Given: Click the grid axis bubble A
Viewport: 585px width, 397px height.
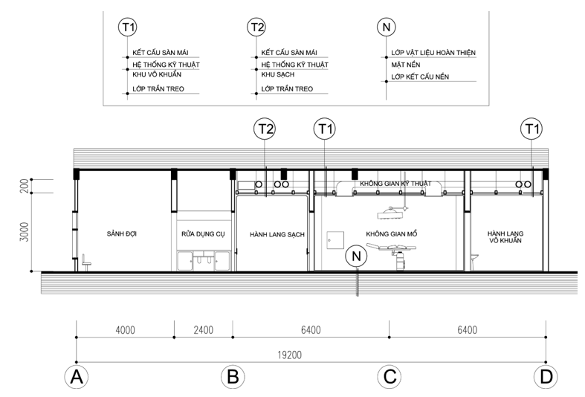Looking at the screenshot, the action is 77,377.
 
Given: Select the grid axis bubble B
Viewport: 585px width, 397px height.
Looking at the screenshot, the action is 233,377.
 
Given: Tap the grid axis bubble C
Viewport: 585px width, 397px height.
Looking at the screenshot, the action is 390,377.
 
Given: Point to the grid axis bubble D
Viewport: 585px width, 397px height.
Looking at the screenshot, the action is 546,377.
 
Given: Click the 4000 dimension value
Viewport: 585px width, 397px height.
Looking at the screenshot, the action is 126,330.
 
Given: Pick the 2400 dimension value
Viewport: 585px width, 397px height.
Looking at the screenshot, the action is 204,330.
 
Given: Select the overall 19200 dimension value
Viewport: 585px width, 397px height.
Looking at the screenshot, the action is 289,355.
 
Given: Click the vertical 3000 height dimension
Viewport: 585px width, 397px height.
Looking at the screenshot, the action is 25,232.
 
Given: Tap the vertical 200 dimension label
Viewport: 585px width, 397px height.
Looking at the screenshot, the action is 25,186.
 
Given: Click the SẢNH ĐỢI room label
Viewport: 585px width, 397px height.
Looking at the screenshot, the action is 122,234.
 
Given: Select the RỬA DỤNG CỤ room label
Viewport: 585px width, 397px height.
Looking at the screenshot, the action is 204,234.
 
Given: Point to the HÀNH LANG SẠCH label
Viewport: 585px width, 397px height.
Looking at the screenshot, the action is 277,234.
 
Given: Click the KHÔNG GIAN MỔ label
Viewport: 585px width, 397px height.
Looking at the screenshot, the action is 392,234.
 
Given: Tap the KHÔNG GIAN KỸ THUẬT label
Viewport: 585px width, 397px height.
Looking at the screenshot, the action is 395,183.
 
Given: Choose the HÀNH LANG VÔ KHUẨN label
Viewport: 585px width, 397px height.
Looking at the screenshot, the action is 505,237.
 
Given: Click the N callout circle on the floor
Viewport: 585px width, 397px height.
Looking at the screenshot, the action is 356,256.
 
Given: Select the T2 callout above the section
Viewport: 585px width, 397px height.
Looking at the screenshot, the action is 265,129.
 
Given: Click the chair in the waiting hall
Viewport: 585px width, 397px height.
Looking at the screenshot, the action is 86,262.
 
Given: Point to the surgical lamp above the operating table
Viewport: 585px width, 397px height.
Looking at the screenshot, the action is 391,213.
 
